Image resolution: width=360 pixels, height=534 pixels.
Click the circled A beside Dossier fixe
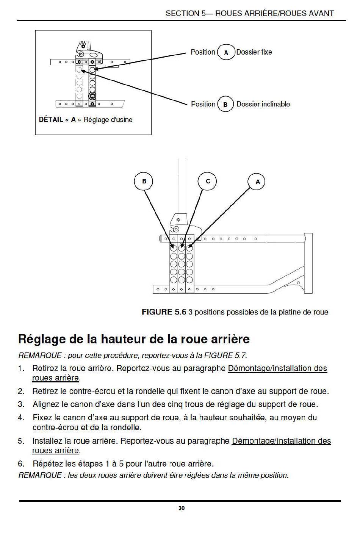pos(226,53)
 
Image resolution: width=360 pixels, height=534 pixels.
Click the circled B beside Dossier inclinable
pos(225,104)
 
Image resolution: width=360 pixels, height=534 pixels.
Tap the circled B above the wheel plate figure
pos(144,182)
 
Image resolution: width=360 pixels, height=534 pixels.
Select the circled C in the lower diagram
pos(208,182)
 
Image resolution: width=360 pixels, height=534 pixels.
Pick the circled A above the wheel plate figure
pos(258,182)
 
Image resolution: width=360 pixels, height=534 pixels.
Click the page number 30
pos(182,508)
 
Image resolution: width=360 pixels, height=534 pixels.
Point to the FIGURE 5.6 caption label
pos(164,312)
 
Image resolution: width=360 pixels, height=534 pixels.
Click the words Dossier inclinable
pos(263,104)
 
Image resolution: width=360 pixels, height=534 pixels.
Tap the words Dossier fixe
pos(254,52)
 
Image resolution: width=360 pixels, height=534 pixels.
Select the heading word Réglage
pos(41,339)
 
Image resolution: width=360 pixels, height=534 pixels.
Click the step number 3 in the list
pos(21,404)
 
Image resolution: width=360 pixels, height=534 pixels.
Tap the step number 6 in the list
pos(21,464)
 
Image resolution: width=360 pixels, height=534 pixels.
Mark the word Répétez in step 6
pos(47,464)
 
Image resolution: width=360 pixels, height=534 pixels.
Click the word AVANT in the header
pos(321,13)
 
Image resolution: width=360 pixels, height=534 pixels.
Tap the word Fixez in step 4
pos(42,418)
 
